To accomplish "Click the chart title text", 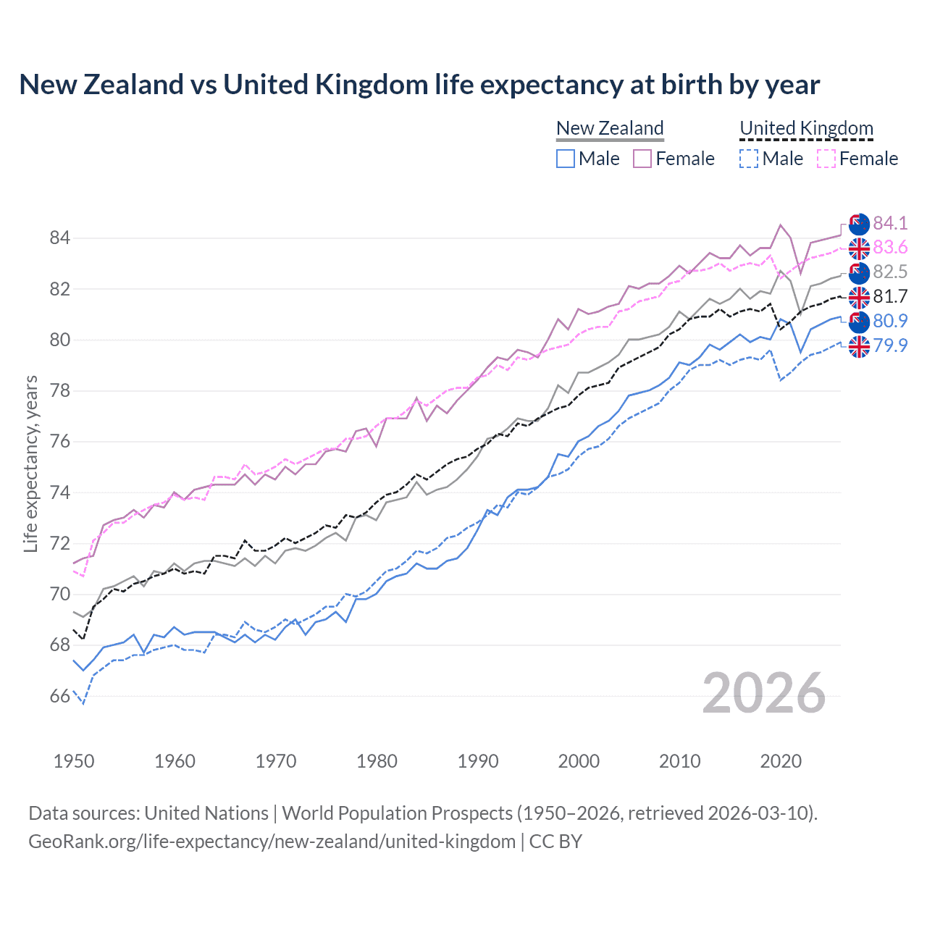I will [419, 85].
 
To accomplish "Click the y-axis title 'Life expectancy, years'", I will [30, 463].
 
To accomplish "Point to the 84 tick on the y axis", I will [59, 238].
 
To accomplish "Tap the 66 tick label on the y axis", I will [59, 697].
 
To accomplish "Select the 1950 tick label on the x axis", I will [74, 761].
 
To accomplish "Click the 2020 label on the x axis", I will [781, 761].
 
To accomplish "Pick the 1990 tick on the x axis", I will [478, 761].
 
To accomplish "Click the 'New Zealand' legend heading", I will [610, 128].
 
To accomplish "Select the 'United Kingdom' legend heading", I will [806, 128].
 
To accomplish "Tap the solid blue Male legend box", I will [566, 159].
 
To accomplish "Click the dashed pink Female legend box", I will [826, 159].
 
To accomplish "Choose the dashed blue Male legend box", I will [749, 159].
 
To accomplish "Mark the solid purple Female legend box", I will [642, 159].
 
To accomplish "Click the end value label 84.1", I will [890, 223].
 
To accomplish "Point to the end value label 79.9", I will [890, 345].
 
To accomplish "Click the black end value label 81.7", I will [890, 296].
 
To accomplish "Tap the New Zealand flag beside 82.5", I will [859, 273].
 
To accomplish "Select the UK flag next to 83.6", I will [859, 248].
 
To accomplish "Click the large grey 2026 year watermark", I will [763, 694].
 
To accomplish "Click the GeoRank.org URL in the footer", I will [272, 842].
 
